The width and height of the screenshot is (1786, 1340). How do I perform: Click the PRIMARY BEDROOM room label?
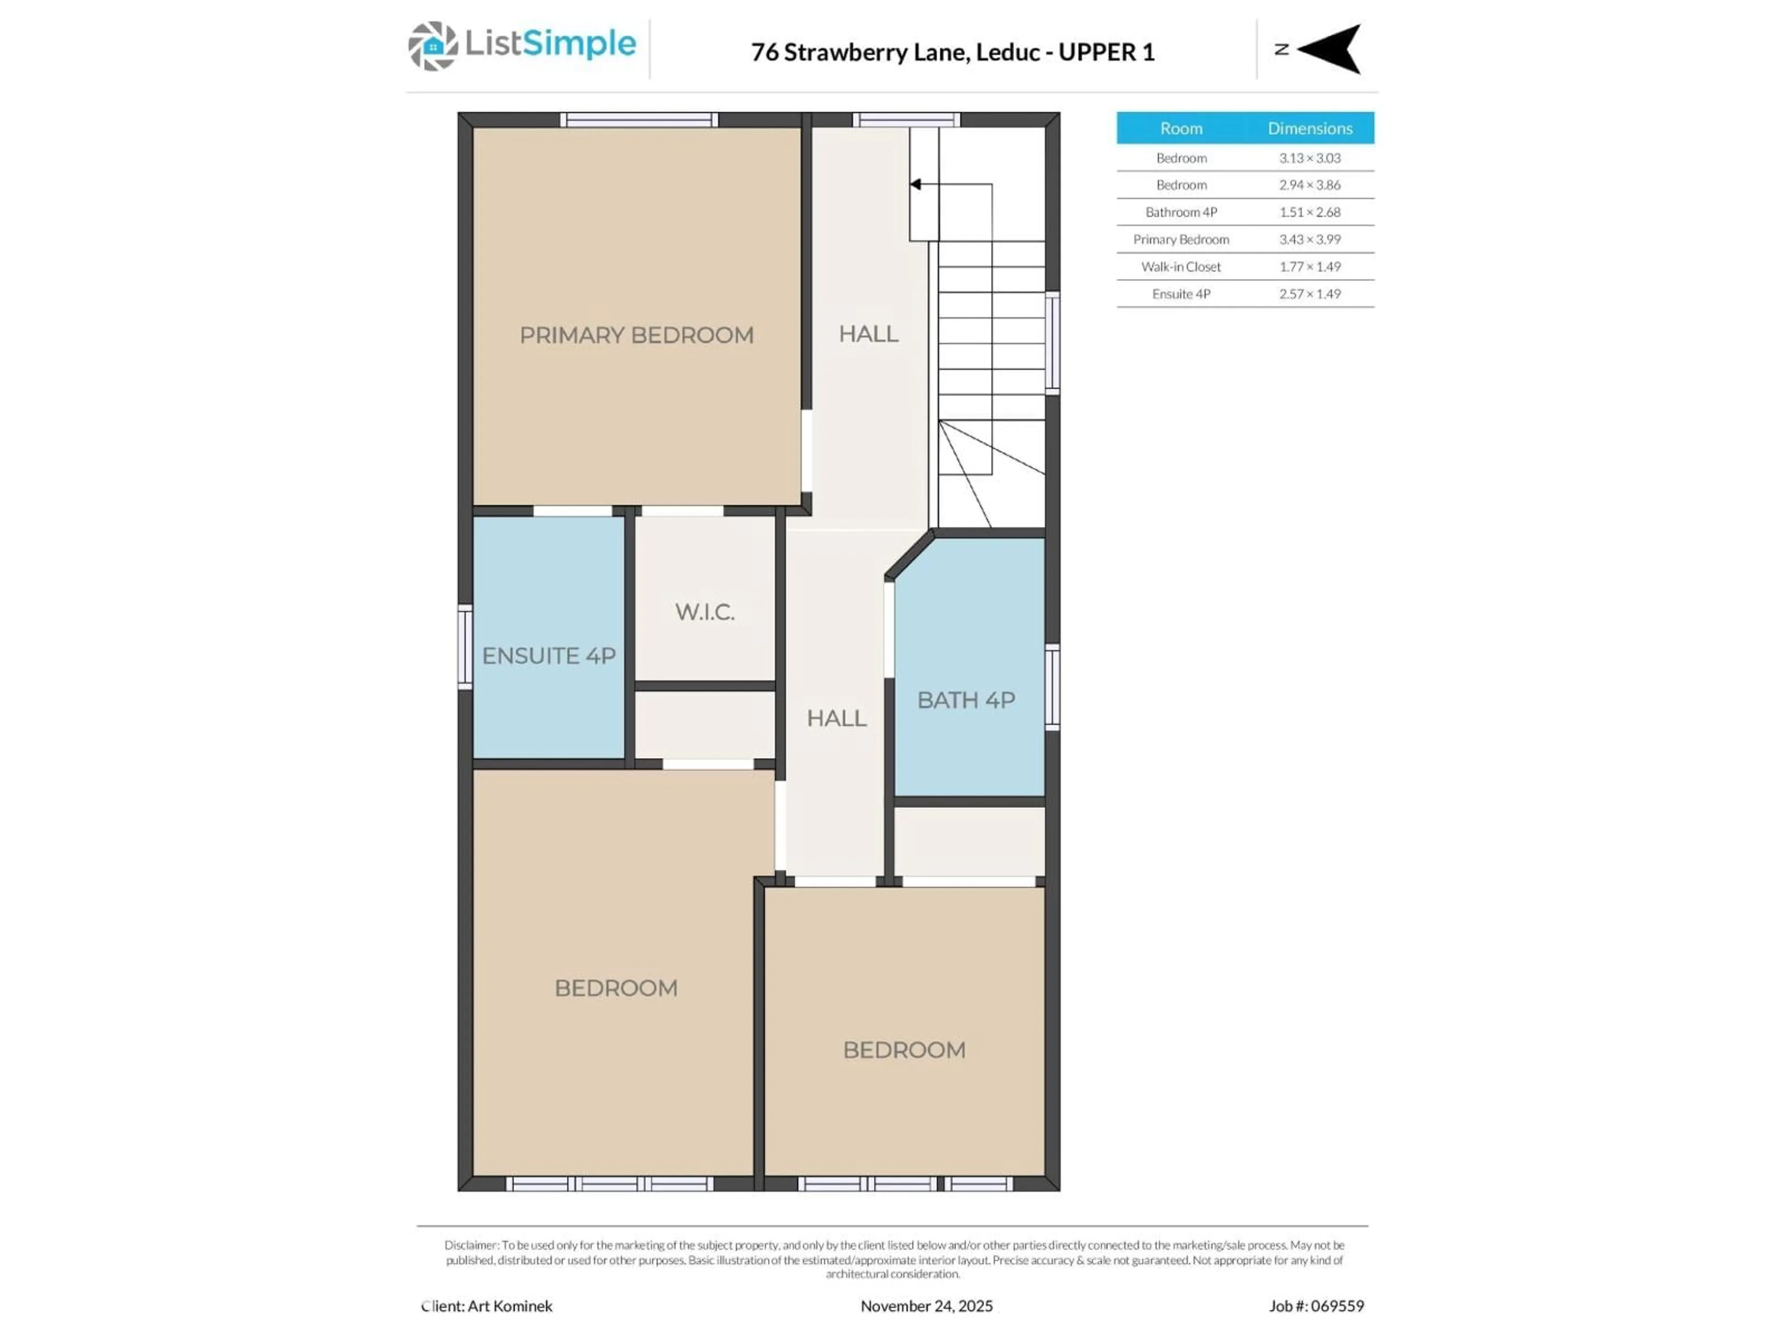coord(636,335)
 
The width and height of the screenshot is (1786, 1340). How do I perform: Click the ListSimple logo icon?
coord(433,46)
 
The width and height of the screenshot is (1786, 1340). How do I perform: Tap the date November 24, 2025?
coord(926,1306)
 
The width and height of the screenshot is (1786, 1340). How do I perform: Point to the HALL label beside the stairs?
coord(868,334)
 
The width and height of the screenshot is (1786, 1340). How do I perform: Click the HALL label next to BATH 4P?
coord(836,718)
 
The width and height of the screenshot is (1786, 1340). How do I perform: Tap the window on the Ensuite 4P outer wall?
coord(465,647)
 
